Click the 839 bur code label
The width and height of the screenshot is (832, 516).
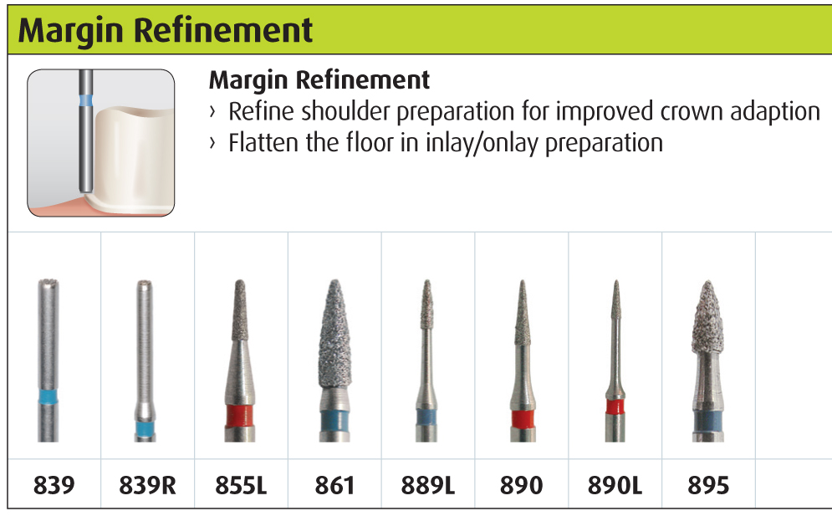click(54, 485)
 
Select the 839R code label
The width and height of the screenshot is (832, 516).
click(147, 485)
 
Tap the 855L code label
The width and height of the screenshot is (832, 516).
click(241, 485)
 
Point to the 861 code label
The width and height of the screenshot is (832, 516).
click(334, 485)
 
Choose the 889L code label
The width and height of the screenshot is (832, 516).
click(427, 485)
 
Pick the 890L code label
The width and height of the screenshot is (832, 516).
click(615, 485)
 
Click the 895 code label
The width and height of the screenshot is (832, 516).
click(708, 485)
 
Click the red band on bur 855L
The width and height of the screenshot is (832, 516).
click(239, 416)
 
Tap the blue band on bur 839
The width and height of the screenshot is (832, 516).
click(48, 397)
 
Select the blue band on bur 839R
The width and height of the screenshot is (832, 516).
click(145, 428)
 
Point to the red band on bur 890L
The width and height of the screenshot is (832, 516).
click(615, 407)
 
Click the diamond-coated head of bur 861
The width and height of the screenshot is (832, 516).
click(334, 334)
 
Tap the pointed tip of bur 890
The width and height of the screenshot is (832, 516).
click(522, 281)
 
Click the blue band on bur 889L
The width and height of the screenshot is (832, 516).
click(426, 416)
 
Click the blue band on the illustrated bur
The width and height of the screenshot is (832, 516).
click(85, 100)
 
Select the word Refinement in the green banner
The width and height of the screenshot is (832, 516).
click(223, 30)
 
